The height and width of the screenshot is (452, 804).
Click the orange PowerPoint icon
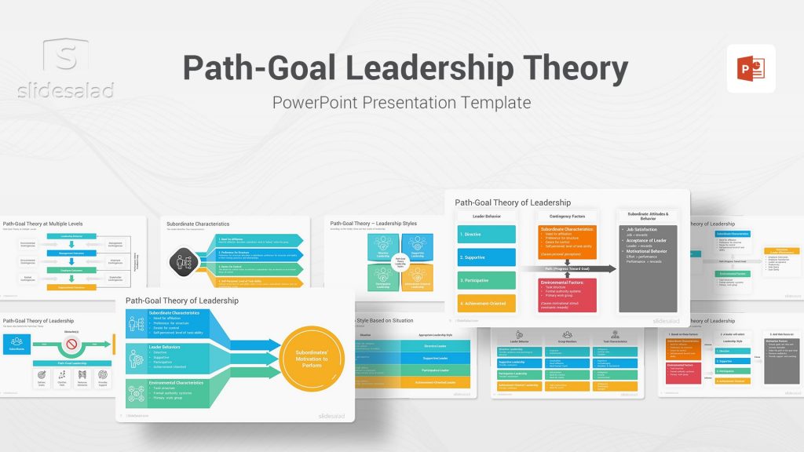pos(751,68)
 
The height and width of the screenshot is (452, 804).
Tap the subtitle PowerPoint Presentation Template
pos(401,103)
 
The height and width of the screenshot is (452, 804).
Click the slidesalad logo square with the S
pos(66,59)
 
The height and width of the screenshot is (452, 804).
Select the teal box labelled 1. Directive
pos(487,234)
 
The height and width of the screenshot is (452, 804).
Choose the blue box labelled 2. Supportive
pos(487,257)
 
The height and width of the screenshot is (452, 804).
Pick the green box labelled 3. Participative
pos(487,280)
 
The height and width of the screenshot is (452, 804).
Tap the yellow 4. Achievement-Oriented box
pos(487,303)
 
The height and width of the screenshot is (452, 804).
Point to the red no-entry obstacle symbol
pos(71,344)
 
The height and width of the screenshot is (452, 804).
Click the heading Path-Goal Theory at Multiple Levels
pos(43,224)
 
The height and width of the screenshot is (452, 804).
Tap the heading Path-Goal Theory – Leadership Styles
pos(374,224)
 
